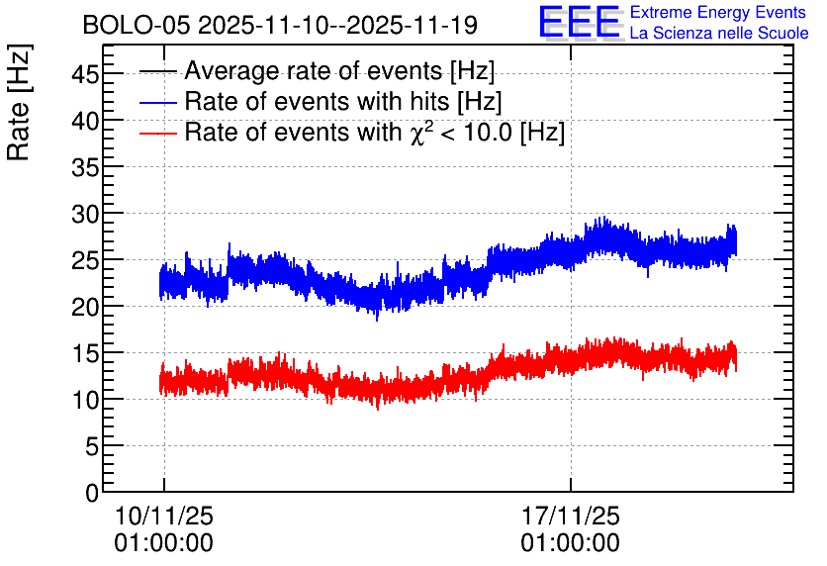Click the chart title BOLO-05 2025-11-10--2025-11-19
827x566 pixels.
pos(280,25)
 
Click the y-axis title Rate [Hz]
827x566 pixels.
pos(19,103)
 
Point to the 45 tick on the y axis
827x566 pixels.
pos(85,74)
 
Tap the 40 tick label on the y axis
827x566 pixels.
pos(85,121)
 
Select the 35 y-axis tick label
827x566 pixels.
pos(85,167)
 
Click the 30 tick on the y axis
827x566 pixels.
pos(85,214)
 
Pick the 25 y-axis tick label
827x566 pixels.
pos(85,260)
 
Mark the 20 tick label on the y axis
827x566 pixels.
pos(85,307)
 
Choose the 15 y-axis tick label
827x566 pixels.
pos(85,353)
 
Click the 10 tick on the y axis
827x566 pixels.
pos(85,400)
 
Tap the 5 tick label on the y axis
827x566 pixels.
pos(92,446)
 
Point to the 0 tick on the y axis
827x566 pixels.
pos(92,493)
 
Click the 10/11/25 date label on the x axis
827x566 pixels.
pos(164,516)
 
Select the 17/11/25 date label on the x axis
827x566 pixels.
pos(571,516)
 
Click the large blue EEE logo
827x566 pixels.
pos(580,22)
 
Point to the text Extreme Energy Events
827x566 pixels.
pos(718,12)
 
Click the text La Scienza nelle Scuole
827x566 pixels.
pos(719,33)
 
